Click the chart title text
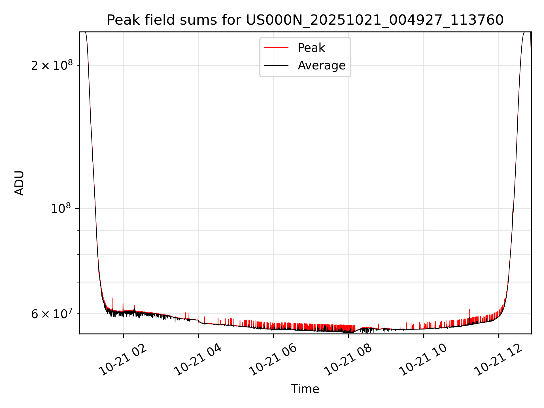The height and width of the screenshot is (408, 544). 305,20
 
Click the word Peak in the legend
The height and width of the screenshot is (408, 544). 311,48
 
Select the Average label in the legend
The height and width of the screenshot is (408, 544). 321,65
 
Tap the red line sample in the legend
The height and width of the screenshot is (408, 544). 276,48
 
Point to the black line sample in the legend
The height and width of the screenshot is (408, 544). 276,65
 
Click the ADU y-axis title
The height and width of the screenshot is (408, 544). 19,183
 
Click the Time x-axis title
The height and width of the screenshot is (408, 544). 305,389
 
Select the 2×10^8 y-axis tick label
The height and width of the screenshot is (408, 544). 52,65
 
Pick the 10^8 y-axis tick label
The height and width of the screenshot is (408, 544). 61,209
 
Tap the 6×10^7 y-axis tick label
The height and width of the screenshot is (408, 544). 52,314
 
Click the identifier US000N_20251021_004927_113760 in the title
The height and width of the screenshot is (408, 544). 375,20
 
